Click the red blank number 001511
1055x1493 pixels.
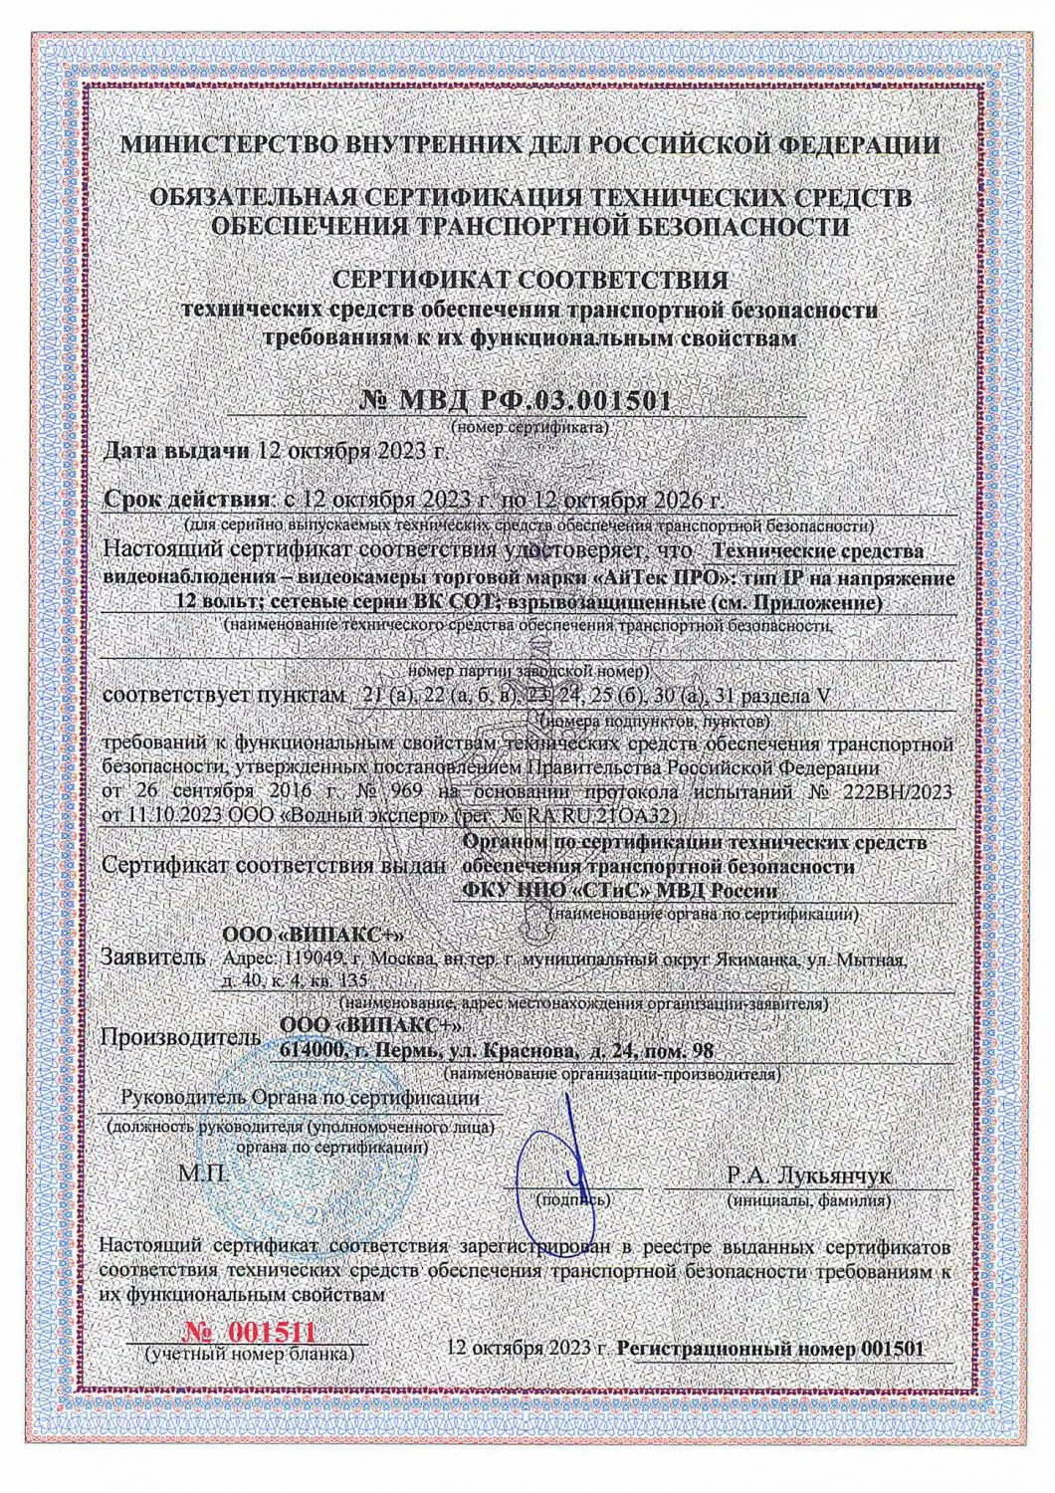pyautogui.click(x=258, y=1333)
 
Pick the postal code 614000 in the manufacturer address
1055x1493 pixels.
pyautogui.click(x=314, y=1051)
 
